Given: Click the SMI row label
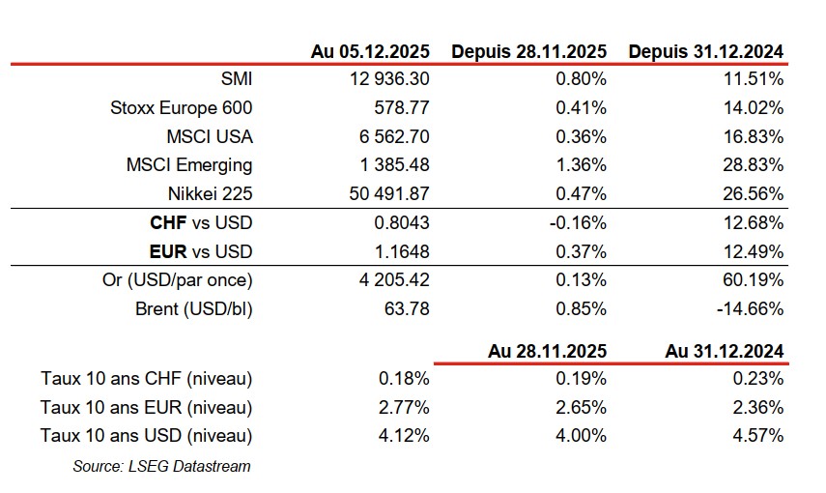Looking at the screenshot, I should pos(236,79).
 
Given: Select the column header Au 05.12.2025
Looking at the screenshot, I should pos(371,51).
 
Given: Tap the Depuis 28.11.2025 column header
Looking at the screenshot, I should pos(528,51).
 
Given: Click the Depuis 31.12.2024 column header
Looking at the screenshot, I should pos(705,51).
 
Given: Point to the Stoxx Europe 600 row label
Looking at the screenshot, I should pos(182,107).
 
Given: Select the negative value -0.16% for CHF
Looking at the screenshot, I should pos(578,223).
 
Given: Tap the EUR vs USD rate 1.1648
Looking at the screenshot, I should pos(402,251).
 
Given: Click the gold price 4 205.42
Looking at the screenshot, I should pos(391,280).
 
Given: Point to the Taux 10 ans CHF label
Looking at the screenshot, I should pos(147,378).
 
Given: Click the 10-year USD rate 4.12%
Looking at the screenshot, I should pos(406,435).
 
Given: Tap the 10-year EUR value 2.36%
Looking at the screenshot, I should pos(758,407).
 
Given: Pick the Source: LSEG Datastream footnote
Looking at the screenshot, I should pos(161,466).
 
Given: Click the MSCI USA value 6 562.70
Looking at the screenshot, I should pos(391,136).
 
